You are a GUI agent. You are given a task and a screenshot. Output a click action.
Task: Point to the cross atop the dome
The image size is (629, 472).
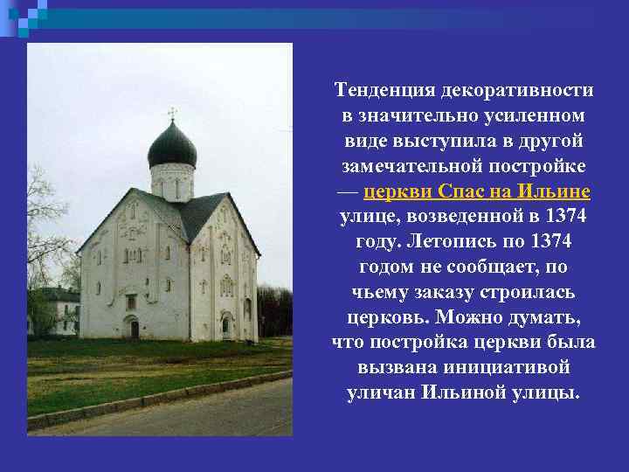click(172, 113)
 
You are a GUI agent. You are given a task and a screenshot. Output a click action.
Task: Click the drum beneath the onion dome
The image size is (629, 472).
click(172, 181)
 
